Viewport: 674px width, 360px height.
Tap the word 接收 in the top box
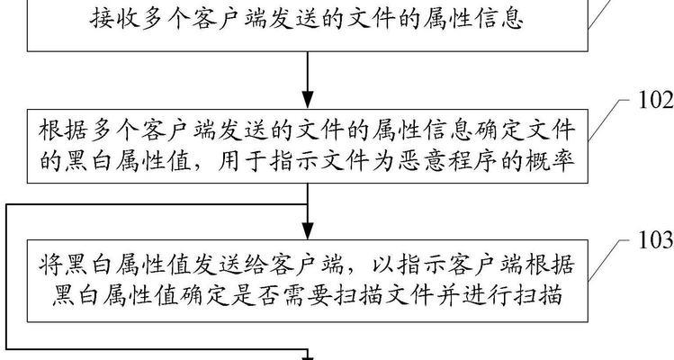coord(115,19)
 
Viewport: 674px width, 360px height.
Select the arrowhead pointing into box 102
coord(308,100)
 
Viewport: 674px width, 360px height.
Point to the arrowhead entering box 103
coord(308,230)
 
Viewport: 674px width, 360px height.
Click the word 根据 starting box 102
coord(64,130)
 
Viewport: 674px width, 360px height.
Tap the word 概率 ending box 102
coord(551,161)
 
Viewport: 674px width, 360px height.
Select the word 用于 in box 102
coord(243,161)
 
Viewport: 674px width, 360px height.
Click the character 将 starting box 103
coord(50,265)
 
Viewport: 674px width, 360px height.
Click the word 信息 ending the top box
coord(499,19)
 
